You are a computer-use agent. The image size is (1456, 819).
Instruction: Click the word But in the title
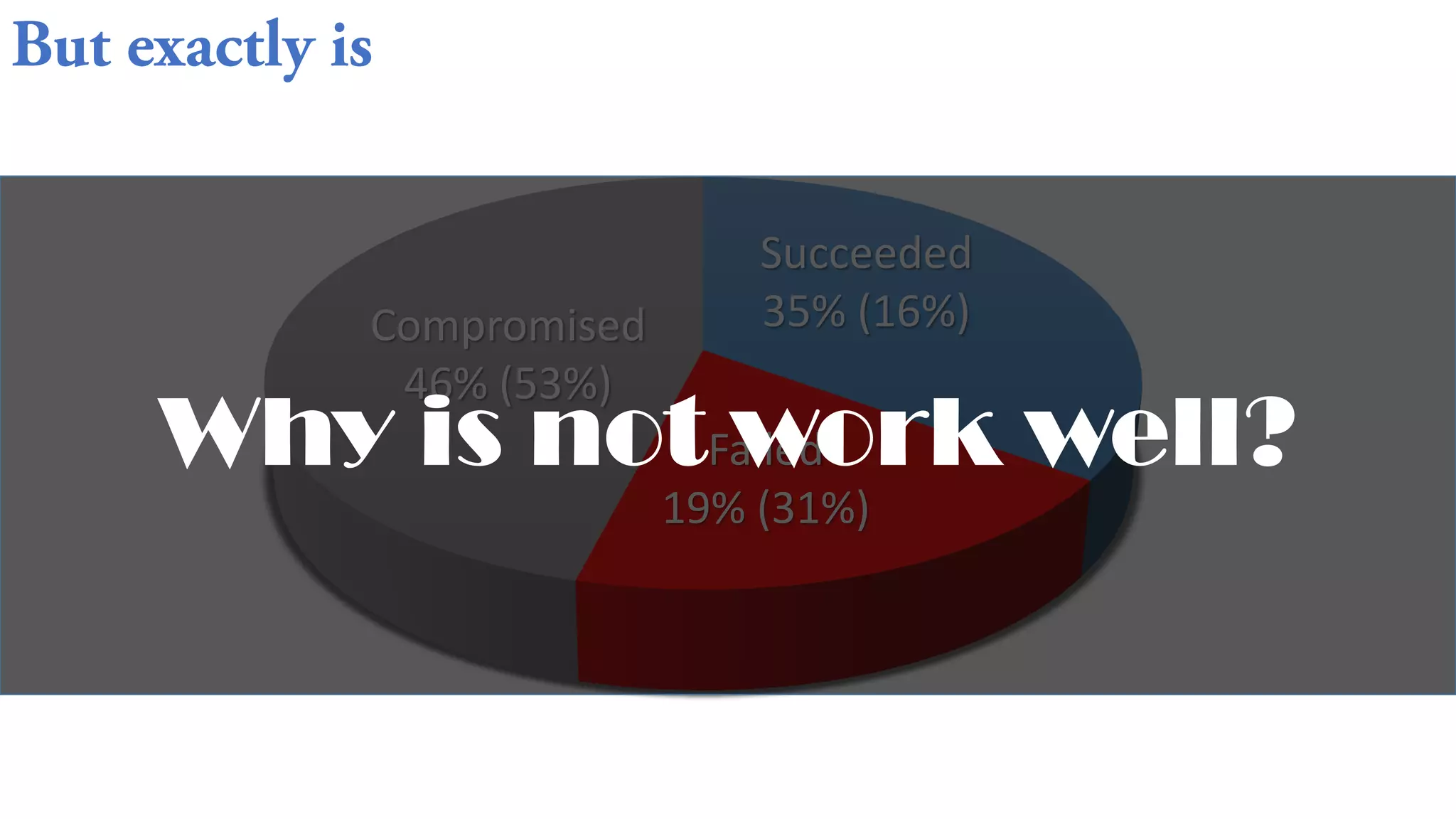point(62,46)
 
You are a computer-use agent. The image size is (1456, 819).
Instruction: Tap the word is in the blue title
point(351,48)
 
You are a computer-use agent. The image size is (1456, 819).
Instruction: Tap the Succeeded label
point(866,253)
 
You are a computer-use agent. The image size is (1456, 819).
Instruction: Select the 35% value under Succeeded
point(804,311)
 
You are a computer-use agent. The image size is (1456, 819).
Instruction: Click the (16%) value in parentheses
point(914,311)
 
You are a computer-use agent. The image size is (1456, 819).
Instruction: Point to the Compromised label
point(508,326)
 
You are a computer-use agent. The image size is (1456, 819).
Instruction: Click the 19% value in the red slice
point(704,509)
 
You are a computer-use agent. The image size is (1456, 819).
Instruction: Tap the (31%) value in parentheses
point(813,509)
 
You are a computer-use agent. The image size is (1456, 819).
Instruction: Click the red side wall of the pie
point(782,633)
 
